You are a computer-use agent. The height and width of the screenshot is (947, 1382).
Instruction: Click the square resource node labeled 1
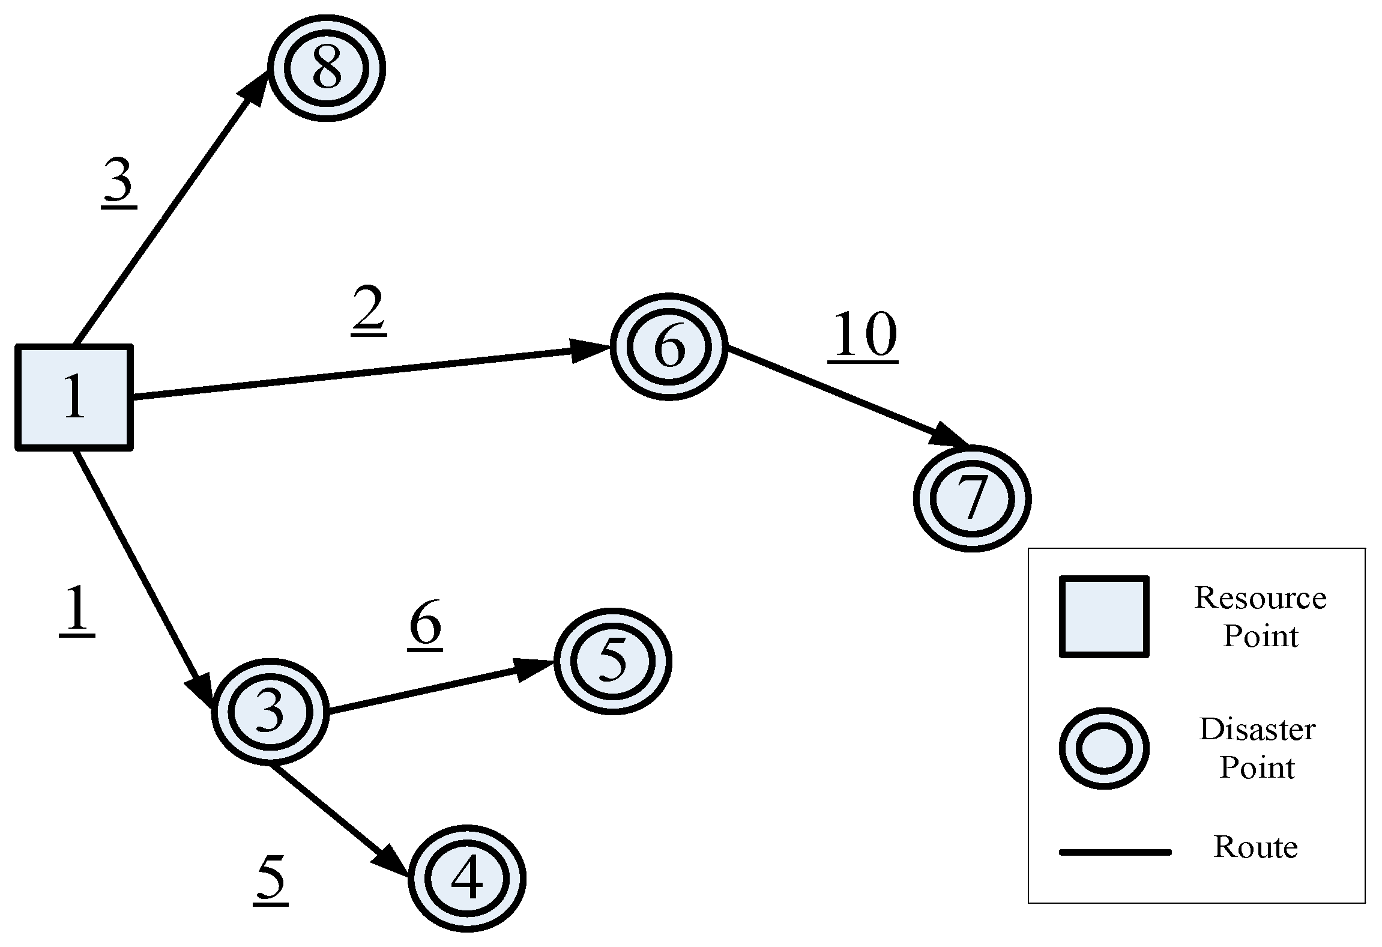[x=74, y=397]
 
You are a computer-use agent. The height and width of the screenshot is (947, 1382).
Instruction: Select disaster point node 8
[x=326, y=68]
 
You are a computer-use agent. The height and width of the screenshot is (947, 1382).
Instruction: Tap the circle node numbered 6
[x=669, y=346]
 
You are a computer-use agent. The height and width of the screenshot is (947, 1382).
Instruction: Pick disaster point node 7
[x=972, y=498]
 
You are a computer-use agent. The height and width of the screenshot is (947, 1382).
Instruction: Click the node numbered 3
[x=270, y=712]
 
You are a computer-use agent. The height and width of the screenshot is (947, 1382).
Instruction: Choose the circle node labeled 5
[x=612, y=661]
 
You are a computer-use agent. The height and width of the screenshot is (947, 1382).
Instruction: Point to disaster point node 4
[x=466, y=878]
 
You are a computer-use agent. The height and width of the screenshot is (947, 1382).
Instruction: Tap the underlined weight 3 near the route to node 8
[x=119, y=183]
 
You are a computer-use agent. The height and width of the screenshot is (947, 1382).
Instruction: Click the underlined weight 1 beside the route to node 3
[x=77, y=610]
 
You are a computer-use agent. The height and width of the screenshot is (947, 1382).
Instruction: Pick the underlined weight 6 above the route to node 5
[x=425, y=625]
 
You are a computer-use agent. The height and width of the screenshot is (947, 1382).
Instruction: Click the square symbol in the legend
[x=1103, y=617]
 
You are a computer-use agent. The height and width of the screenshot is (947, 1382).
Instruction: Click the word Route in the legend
[x=1255, y=847]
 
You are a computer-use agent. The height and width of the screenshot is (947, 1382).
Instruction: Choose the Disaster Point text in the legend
[x=1257, y=748]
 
